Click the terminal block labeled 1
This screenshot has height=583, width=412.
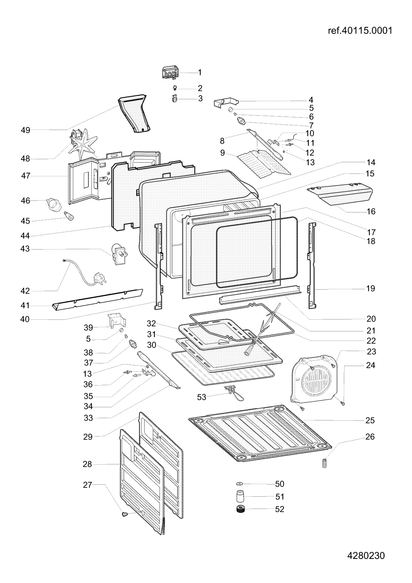point(170,73)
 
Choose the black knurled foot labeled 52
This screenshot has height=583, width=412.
point(239,510)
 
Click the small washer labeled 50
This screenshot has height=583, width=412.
point(239,484)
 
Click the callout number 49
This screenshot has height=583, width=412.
point(25,130)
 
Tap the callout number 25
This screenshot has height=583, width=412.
point(370,420)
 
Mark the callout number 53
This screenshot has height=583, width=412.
point(202,397)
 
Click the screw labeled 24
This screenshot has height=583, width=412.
point(343,403)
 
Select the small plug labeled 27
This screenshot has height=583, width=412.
point(124,514)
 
